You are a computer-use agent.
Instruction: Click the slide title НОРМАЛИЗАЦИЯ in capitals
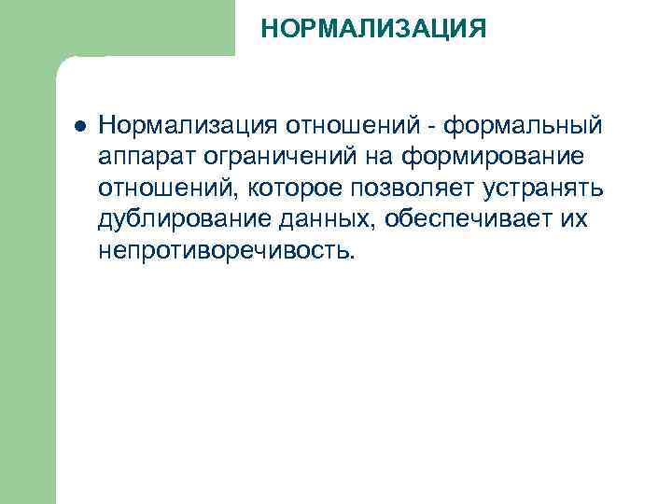[373, 29]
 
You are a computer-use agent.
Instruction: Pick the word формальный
[525, 125]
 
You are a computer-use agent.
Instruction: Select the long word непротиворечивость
[222, 252]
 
